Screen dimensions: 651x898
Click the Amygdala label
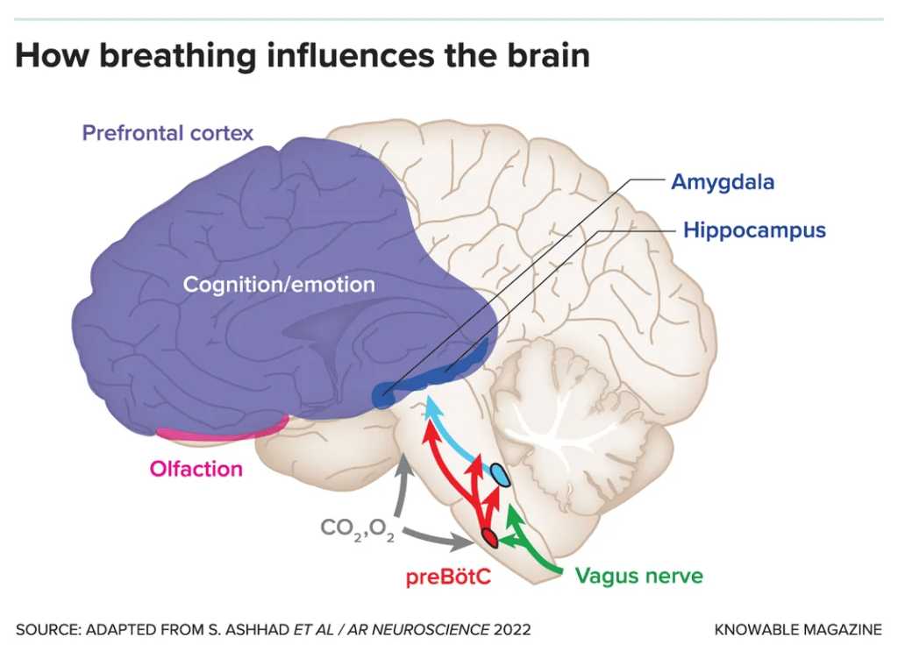click(x=723, y=182)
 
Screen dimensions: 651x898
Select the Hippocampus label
click(x=754, y=230)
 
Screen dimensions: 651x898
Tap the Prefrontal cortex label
click(x=167, y=133)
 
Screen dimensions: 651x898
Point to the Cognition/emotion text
click(x=279, y=285)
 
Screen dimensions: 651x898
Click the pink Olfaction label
click(x=196, y=469)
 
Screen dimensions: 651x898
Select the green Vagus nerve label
click(x=638, y=576)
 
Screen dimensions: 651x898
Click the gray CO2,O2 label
click(x=357, y=530)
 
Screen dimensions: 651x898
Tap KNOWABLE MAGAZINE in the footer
click(x=798, y=629)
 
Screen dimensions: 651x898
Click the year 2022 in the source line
click(x=511, y=629)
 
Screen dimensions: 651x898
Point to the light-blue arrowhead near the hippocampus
click(x=430, y=405)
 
